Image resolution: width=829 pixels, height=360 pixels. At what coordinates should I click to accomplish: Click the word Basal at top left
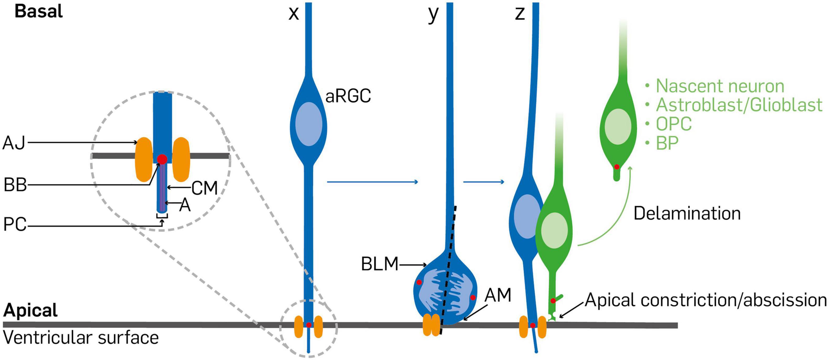tap(39, 12)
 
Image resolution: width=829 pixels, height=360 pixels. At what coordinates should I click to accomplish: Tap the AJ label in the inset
tap(14, 143)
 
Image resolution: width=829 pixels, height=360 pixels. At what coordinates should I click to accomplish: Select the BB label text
tap(15, 186)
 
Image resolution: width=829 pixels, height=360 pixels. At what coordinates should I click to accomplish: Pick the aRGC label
tap(348, 96)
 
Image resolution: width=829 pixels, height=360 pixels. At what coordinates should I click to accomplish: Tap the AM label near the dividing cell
tap(498, 295)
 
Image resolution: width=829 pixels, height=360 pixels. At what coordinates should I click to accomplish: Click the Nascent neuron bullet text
tap(720, 86)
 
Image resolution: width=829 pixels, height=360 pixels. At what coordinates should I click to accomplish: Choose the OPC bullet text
tap(674, 124)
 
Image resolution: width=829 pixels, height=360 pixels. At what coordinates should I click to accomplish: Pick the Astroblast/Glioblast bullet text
tap(739, 105)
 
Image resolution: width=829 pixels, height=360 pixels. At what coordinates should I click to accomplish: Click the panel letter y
tap(433, 14)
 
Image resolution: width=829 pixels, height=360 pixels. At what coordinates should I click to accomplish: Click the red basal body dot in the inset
tap(162, 159)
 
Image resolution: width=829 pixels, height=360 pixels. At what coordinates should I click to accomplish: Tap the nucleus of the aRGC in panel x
tap(309, 124)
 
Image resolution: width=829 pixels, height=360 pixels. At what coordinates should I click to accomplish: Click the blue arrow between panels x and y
tap(372, 182)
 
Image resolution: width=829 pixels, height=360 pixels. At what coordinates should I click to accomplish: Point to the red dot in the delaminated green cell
tap(617, 167)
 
